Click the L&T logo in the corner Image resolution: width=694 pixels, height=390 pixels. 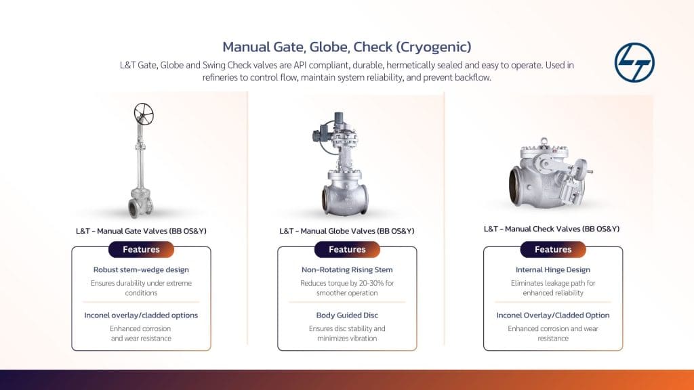[x=634, y=62]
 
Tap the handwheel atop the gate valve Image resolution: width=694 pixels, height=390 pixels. [x=144, y=114]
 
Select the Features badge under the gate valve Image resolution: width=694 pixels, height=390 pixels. [x=141, y=249]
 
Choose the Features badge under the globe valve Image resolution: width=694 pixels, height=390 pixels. [x=347, y=249]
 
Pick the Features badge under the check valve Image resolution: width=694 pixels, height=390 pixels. [x=553, y=249]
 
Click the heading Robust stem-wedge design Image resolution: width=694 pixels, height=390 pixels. [x=141, y=269]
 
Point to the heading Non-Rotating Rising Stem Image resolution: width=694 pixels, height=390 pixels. [x=347, y=269]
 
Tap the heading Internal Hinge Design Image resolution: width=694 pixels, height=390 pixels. [x=553, y=269]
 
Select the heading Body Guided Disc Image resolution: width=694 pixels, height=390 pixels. [x=347, y=316]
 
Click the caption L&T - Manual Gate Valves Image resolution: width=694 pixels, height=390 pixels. [x=141, y=231]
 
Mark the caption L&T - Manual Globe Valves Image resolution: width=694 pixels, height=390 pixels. [x=347, y=231]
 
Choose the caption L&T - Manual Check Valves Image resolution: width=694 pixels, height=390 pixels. [x=552, y=229]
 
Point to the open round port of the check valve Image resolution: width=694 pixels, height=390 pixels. [x=515, y=186]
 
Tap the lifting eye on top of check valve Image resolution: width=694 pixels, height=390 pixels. [x=544, y=142]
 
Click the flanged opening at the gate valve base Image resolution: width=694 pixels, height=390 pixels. [x=133, y=209]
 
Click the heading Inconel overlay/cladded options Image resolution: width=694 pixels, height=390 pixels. [x=141, y=316]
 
